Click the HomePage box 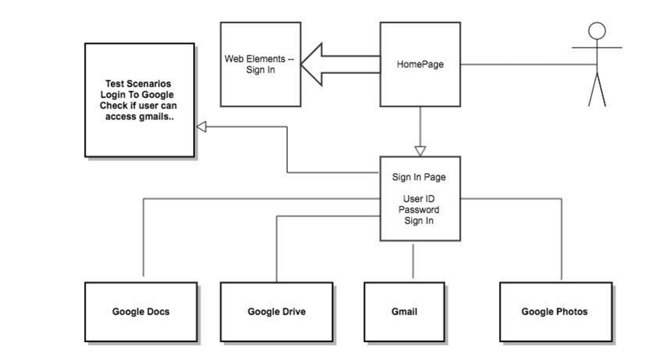click(420, 64)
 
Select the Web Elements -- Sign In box click(260, 64)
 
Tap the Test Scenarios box click(139, 100)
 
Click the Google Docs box click(140, 311)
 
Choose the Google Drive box click(276, 311)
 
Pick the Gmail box click(400, 311)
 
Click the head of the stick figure click(597, 31)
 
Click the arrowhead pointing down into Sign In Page click(420, 151)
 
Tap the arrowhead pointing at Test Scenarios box click(202, 127)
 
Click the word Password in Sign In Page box click(419, 210)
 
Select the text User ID click(419, 199)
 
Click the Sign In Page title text click(419, 177)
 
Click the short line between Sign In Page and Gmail click(413, 261)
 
